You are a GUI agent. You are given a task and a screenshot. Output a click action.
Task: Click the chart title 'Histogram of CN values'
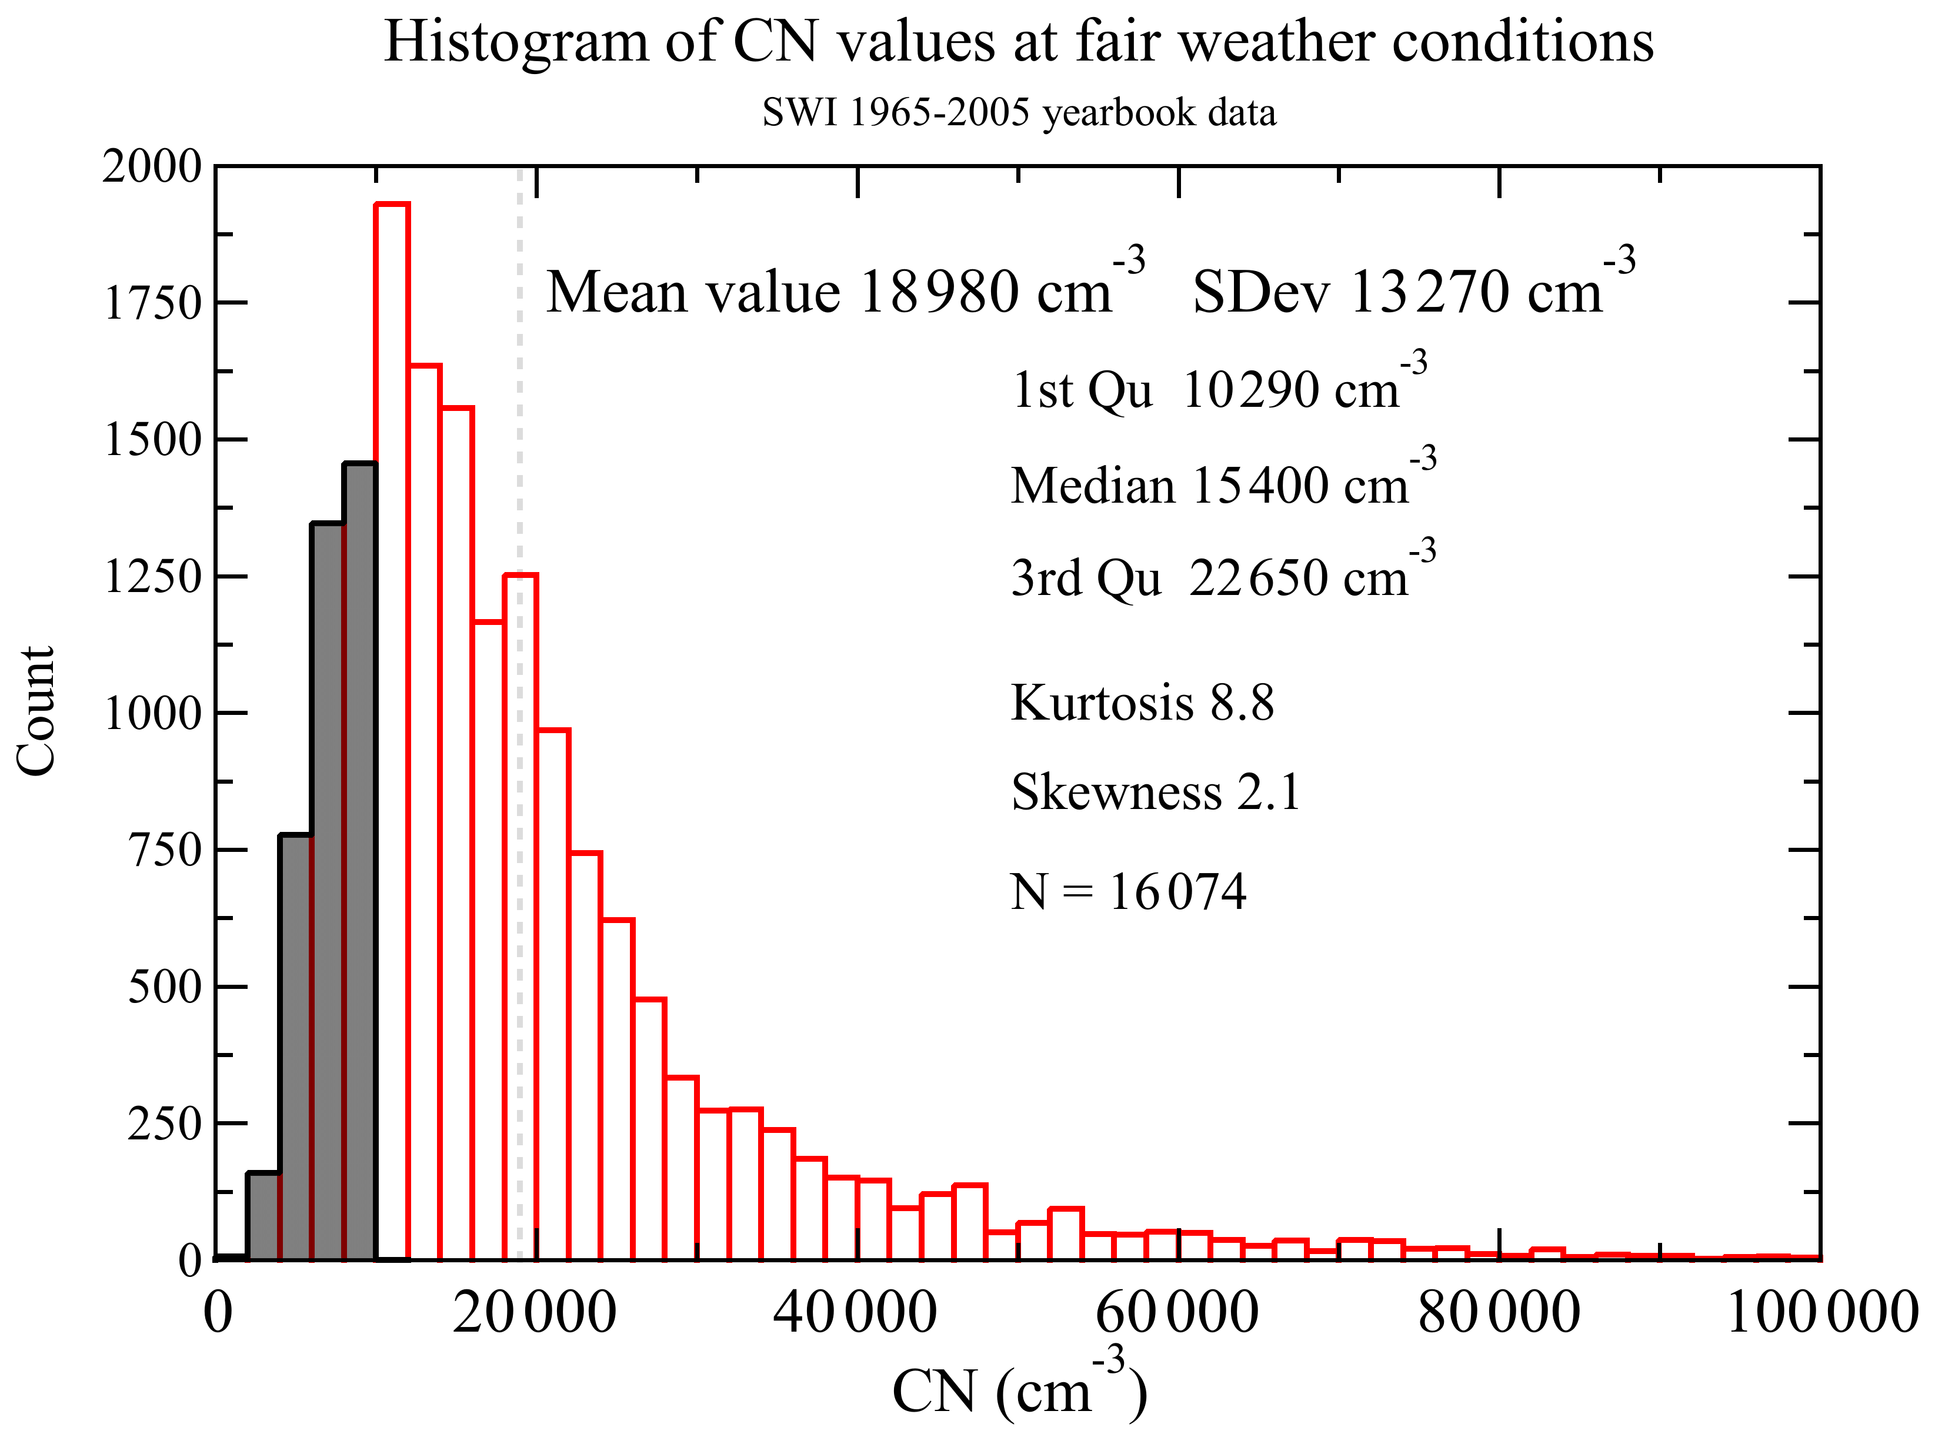point(1018,42)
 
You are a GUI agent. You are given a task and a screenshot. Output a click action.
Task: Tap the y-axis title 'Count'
point(36,711)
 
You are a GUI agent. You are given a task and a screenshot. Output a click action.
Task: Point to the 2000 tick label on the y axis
point(152,166)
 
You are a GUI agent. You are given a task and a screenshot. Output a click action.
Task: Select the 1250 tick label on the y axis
point(152,577)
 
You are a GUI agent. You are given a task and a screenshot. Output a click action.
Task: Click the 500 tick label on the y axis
point(164,987)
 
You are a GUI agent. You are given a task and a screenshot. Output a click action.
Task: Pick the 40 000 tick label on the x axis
point(855,1313)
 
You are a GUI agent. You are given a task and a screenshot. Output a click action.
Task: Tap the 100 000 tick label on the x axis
point(1821,1313)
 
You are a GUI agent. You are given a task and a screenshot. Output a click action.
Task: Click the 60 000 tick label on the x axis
point(1177,1313)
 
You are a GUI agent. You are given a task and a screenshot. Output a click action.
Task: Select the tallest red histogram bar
point(392,733)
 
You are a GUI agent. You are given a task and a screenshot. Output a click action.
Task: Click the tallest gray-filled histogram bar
point(359,864)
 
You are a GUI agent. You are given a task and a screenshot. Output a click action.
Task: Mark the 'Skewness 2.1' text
point(1155,792)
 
